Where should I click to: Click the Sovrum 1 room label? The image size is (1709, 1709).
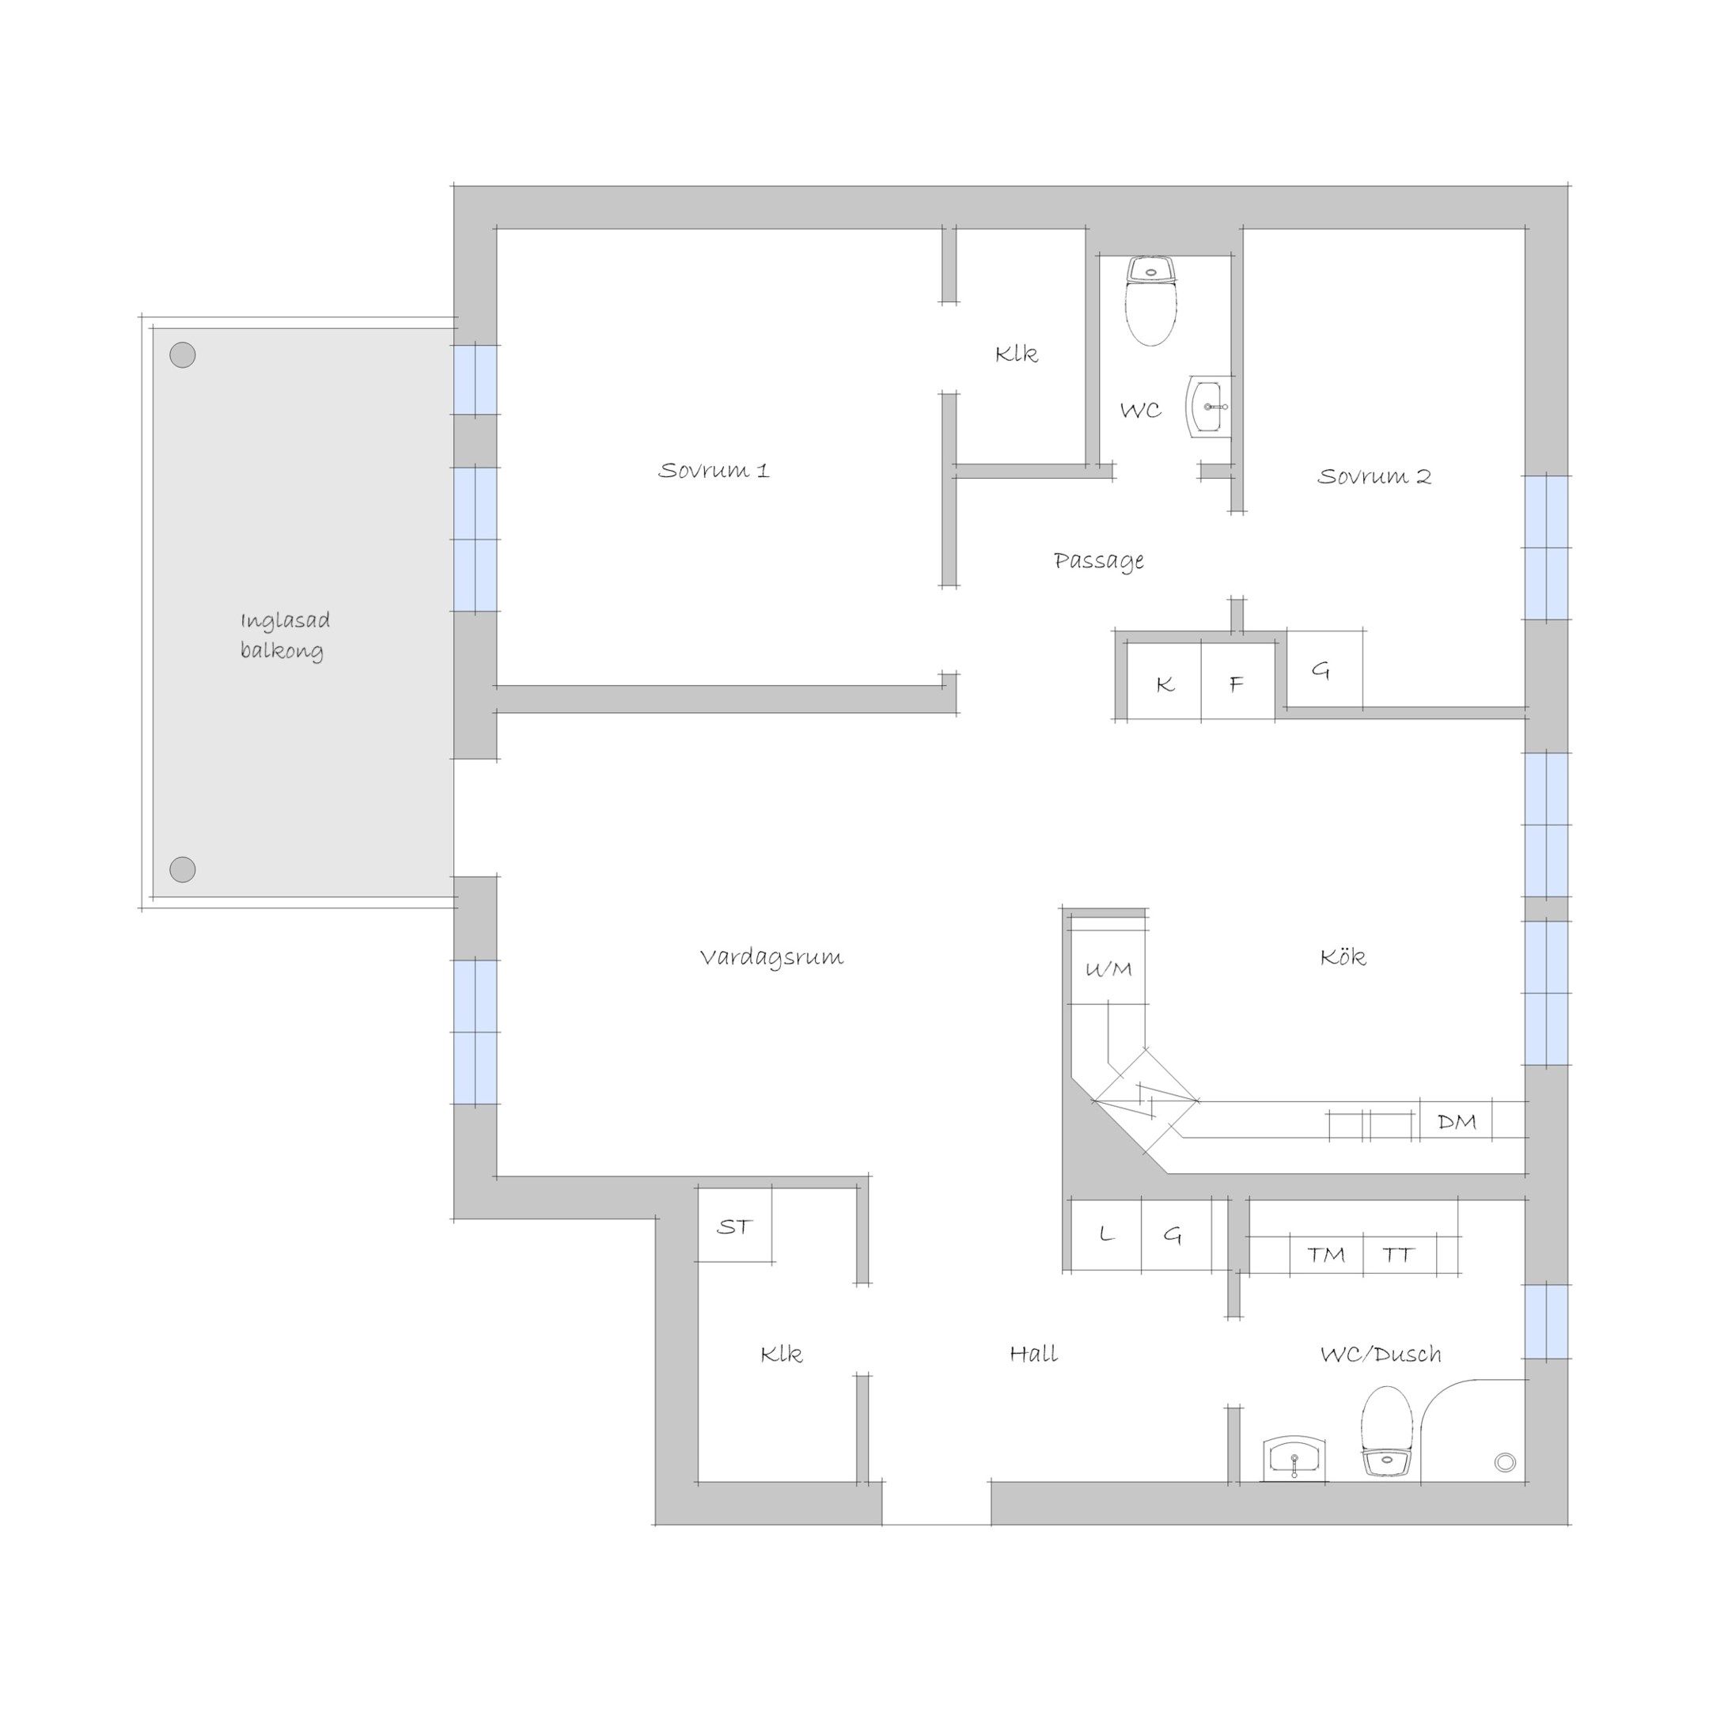[x=714, y=470]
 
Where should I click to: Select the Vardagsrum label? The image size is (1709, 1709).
[x=771, y=957]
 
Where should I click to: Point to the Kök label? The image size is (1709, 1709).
[x=1343, y=957]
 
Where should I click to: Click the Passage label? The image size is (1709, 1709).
[x=1099, y=561]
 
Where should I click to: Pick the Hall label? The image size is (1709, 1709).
[x=1033, y=1354]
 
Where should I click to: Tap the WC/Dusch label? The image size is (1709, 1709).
[x=1380, y=1354]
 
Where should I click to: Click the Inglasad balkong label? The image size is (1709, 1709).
[x=285, y=635]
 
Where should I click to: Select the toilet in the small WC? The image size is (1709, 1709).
[x=1151, y=301]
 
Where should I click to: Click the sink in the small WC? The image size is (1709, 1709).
[x=1208, y=407]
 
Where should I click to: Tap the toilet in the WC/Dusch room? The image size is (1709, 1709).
[x=1386, y=1431]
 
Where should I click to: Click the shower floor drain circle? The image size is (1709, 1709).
[x=1505, y=1462]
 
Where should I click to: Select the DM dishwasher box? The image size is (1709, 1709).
[x=1456, y=1122]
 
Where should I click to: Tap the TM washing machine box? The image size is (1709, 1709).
[x=1326, y=1254]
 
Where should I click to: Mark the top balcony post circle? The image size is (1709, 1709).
[x=182, y=354]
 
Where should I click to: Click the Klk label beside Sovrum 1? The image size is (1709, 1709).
[x=1017, y=354]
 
